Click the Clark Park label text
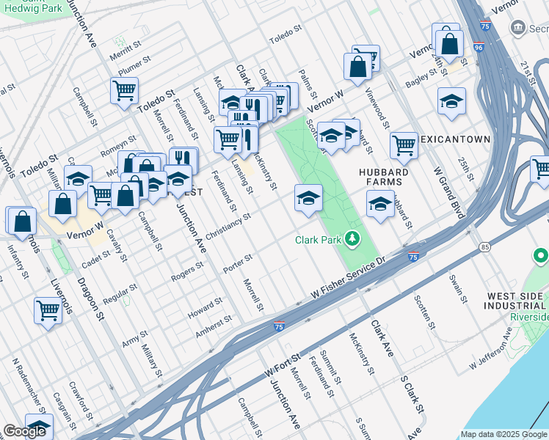319,240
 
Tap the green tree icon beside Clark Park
353,238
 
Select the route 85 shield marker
485,247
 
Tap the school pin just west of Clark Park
308,197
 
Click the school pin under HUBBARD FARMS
380,203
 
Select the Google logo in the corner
24,431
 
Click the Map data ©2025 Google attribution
504,434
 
